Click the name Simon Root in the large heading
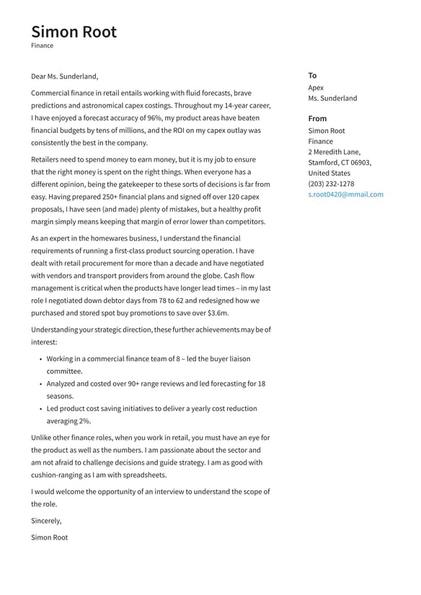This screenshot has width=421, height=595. [74, 32]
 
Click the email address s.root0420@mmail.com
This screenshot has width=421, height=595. [345, 194]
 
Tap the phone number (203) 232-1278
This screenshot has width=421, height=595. [331, 183]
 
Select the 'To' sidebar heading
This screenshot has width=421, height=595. [312, 75]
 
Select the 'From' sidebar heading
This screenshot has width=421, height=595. [317, 118]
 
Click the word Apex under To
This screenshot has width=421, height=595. [316, 88]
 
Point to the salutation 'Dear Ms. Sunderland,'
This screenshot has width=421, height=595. [65, 76]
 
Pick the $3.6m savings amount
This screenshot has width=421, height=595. [217, 313]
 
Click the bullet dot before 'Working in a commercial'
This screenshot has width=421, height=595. [40, 359]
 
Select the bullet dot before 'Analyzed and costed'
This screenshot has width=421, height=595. [40, 384]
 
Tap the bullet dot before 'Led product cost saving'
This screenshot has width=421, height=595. [40, 409]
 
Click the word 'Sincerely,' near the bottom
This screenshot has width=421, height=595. [46, 520]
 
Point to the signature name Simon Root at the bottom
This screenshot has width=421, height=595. [49, 537]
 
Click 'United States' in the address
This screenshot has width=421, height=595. [329, 173]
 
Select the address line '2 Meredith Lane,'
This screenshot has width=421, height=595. [334, 152]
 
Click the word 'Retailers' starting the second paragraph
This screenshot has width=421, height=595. [48, 159]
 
